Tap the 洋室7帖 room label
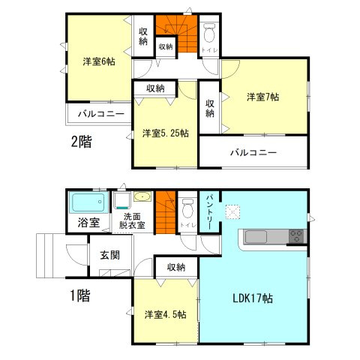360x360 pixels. (x=263, y=97)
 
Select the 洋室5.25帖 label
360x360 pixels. (x=165, y=133)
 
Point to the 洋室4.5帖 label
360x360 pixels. (x=165, y=313)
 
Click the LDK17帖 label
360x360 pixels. (x=253, y=298)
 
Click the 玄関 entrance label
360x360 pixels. (x=109, y=255)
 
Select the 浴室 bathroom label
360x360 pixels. (x=88, y=223)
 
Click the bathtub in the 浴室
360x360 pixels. (x=88, y=203)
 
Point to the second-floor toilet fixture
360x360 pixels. (x=210, y=33)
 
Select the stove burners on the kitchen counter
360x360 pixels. (x=297, y=237)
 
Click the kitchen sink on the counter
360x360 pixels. (x=254, y=238)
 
